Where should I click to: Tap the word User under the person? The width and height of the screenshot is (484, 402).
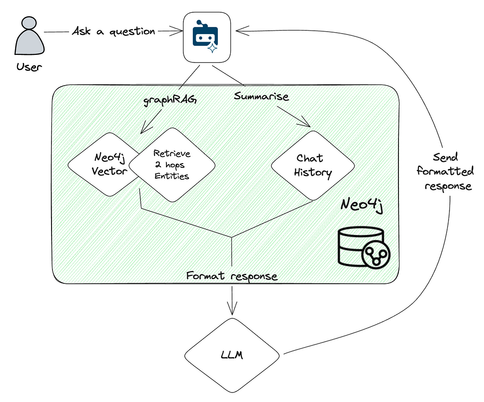pos(29,66)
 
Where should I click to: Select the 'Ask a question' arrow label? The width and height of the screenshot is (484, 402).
pos(113,32)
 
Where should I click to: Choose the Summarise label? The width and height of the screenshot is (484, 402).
pos(261,96)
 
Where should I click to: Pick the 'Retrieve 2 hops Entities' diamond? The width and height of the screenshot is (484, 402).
pos(172,165)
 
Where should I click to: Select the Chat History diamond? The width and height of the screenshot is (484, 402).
pos(313,165)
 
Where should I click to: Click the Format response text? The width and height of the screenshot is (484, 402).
pos(232,275)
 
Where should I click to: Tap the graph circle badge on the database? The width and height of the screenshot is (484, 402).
pos(377,256)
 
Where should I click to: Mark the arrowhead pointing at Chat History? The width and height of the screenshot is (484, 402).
pos(307,124)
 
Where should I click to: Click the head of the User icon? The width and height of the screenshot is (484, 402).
pos(28,24)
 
